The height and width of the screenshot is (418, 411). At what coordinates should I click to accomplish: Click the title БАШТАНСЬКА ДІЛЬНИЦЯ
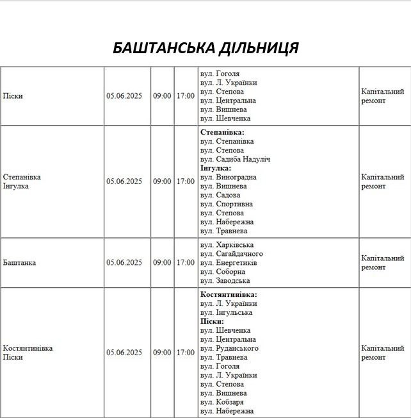point(205,48)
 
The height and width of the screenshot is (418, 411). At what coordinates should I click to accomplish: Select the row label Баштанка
point(19,263)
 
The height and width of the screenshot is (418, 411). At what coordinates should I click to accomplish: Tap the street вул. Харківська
point(227,245)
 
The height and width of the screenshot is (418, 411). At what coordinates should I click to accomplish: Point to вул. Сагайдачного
point(231,254)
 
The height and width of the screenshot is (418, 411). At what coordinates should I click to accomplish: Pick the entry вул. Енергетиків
point(229,263)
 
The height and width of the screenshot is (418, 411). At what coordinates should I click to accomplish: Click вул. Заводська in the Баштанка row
point(225,281)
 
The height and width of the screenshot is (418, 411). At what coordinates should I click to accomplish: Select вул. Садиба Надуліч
point(236,159)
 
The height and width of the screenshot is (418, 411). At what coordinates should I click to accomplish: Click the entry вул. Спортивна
point(226,204)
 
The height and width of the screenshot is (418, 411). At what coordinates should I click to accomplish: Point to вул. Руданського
point(229,348)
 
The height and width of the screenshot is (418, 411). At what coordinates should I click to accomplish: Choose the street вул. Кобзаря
point(223,402)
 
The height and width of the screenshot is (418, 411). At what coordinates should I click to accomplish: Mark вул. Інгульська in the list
point(226,313)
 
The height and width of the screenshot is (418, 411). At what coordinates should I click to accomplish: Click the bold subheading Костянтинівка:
point(229,295)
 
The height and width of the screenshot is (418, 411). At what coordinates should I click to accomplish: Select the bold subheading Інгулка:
point(216,168)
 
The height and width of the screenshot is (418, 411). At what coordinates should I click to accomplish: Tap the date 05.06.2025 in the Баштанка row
point(124,263)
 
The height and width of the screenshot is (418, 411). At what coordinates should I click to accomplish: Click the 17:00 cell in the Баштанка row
point(186,263)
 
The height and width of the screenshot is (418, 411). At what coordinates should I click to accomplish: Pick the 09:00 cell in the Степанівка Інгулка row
point(162,181)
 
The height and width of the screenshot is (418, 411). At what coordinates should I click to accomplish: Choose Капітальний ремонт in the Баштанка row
point(382,263)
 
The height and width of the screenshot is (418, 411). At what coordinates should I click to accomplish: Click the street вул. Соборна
point(222,272)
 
